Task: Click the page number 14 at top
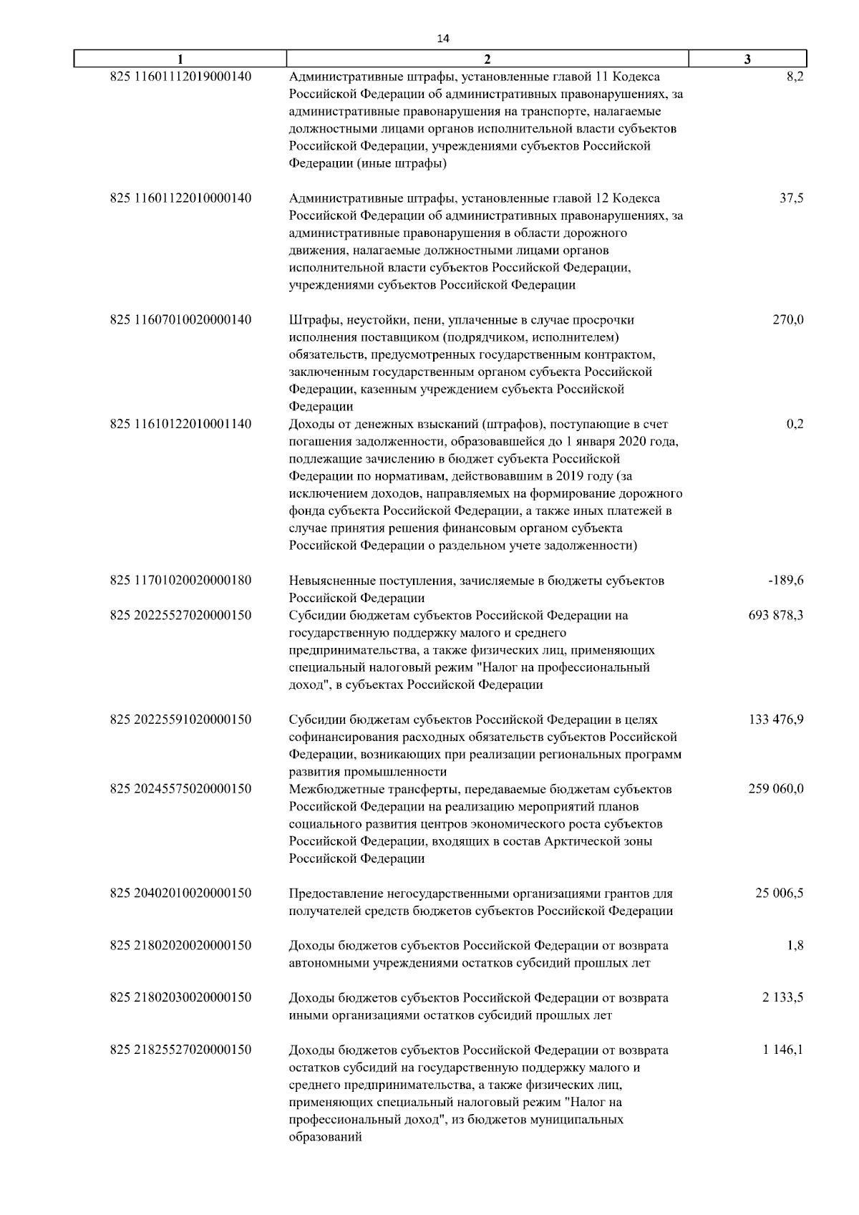442,39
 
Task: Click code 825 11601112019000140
180,77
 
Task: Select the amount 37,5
791,198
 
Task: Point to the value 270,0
787,320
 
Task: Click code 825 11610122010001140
180,424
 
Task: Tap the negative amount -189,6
786,581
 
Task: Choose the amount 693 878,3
775,615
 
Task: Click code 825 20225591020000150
180,720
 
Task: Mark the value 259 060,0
776,789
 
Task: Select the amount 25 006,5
779,894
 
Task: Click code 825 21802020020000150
180,946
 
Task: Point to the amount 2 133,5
782,997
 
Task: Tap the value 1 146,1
782,1050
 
